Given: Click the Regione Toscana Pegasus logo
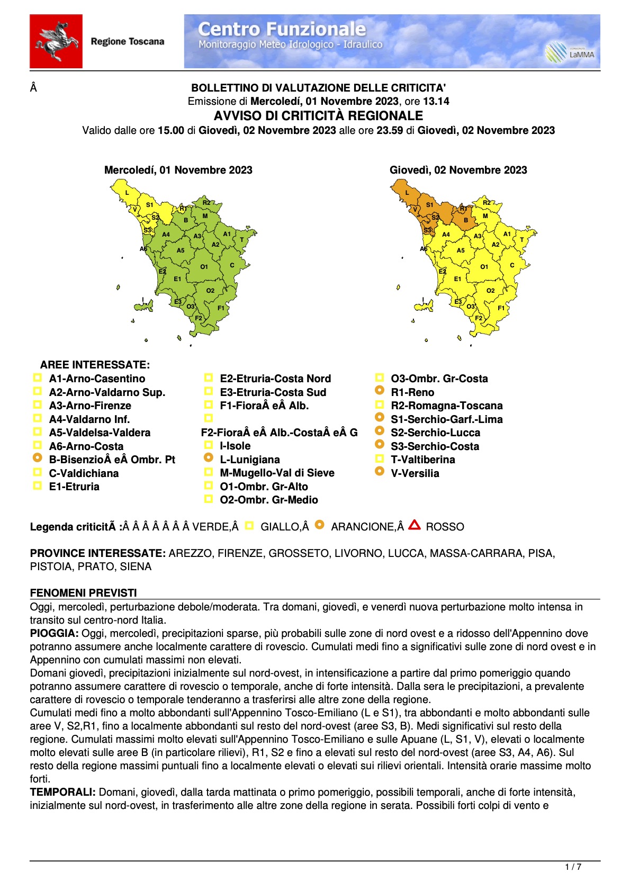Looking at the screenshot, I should point(56,41).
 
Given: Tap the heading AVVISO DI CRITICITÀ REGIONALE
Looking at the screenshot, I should point(318,116).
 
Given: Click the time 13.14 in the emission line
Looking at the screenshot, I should point(436,101).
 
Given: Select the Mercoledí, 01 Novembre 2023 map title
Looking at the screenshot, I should point(178,170).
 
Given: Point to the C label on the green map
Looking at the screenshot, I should point(232,265).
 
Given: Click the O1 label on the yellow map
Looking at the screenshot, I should point(484,267).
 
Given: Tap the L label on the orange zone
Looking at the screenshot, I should point(407,193).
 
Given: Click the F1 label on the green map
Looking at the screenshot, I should point(221,308).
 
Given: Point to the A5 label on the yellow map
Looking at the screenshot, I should point(461,250).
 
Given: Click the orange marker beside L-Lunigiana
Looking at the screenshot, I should point(209,457).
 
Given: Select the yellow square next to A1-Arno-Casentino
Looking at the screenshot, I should point(38,377).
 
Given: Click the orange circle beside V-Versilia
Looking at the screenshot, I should point(380,471).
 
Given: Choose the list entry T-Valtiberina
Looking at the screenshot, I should point(422,460).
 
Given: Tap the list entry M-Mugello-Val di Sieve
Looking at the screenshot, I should point(277,473).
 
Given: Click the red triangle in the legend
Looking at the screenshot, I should point(415,525).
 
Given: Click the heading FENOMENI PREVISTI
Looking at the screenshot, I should point(84,593).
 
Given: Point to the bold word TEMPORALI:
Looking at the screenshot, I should point(62,792).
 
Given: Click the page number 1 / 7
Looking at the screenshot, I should point(573,867).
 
